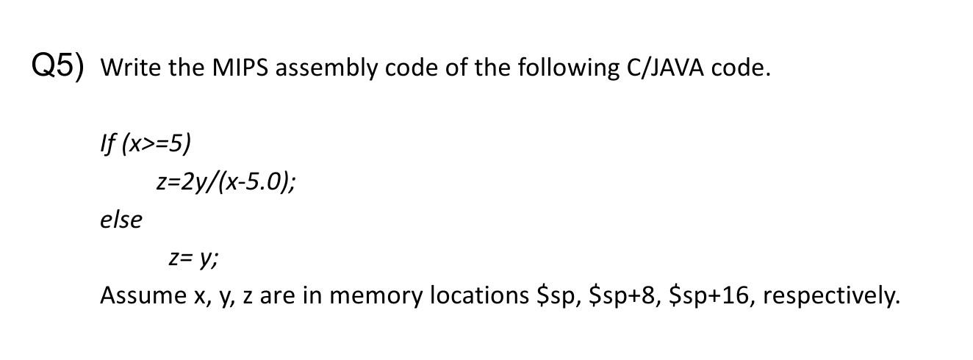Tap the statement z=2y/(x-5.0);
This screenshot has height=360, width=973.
tap(227, 181)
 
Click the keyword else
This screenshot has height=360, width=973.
tap(121, 219)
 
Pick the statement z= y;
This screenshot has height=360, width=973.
tap(193, 257)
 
